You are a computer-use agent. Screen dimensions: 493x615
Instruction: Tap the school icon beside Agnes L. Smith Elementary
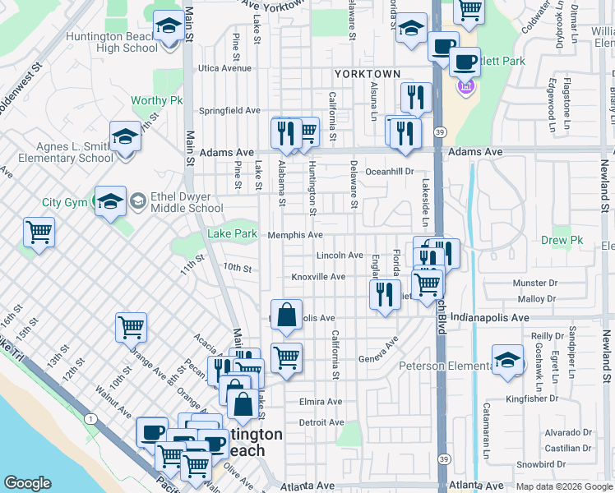click(x=125, y=136)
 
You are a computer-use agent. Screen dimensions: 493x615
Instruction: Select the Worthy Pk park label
click(x=156, y=101)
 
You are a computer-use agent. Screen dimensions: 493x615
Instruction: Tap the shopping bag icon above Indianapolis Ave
click(x=285, y=316)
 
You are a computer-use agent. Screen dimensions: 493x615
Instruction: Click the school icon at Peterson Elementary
click(x=507, y=361)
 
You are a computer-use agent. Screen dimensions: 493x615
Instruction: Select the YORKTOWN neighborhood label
click(x=367, y=74)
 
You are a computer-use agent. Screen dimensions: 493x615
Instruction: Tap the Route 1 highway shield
click(x=89, y=419)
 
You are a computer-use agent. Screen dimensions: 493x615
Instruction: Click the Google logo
click(x=27, y=483)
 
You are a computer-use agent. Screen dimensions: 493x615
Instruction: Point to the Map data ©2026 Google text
click(x=564, y=486)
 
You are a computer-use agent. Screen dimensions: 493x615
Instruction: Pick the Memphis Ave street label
click(x=294, y=235)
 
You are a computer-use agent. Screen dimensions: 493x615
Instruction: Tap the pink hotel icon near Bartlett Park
click(x=467, y=85)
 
